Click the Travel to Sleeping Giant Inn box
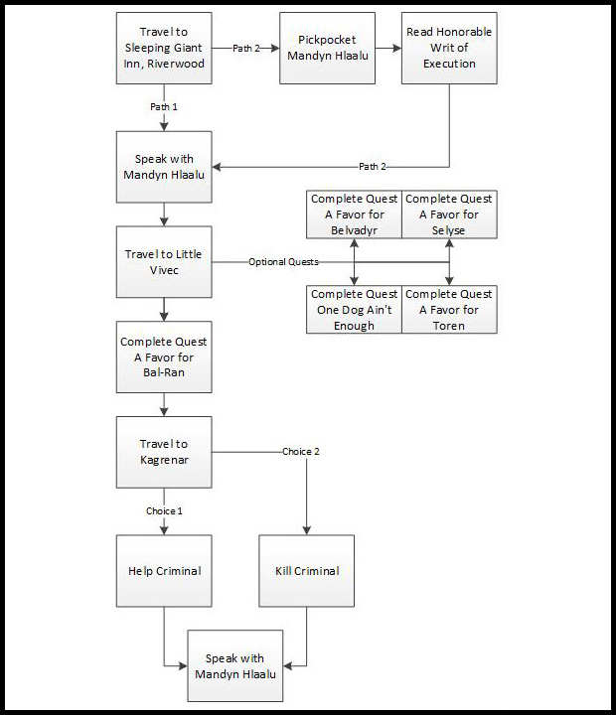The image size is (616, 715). click(x=163, y=47)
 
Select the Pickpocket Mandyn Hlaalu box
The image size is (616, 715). click(x=327, y=47)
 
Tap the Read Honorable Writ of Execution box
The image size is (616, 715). click(x=449, y=47)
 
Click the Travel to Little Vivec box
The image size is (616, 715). click(x=163, y=261)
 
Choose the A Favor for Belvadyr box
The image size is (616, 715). click(x=354, y=214)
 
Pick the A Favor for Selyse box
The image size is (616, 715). click(x=449, y=214)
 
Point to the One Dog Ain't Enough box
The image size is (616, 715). click(x=354, y=309)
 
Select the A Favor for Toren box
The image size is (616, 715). click(x=449, y=309)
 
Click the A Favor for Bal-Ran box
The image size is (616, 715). click(x=163, y=357)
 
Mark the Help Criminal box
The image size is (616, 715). click(x=163, y=571)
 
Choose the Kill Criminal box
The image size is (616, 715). click(x=306, y=571)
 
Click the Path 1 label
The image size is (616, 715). click(x=163, y=104)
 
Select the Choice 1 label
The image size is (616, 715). click(x=163, y=510)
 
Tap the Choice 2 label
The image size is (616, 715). click(x=301, y=452)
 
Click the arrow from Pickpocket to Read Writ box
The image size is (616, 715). click(x=387, y=48)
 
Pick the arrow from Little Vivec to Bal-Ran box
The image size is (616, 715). click(x=163, y=309)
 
